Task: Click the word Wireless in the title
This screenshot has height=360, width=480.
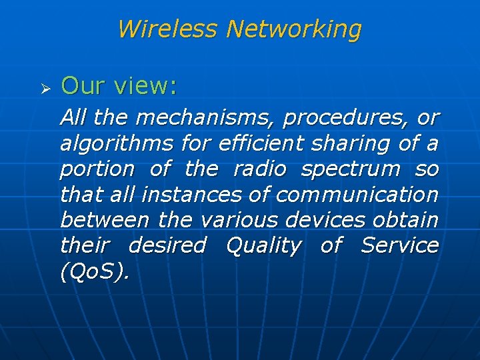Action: coord(167,29)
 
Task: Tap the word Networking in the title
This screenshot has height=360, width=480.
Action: coord(293,29)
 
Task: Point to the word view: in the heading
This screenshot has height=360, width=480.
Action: coord(145,85)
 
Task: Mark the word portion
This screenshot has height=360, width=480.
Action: coord(97,169)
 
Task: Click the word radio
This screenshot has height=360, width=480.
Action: coord(259,169)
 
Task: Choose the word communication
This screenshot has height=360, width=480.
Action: coord(357,195)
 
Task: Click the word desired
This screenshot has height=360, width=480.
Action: coord(167,245)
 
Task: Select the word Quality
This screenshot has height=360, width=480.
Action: coord(264,246)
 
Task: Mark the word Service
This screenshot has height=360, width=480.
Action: coord(400,245)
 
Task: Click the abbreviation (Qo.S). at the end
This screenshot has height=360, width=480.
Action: coord(93,271)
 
